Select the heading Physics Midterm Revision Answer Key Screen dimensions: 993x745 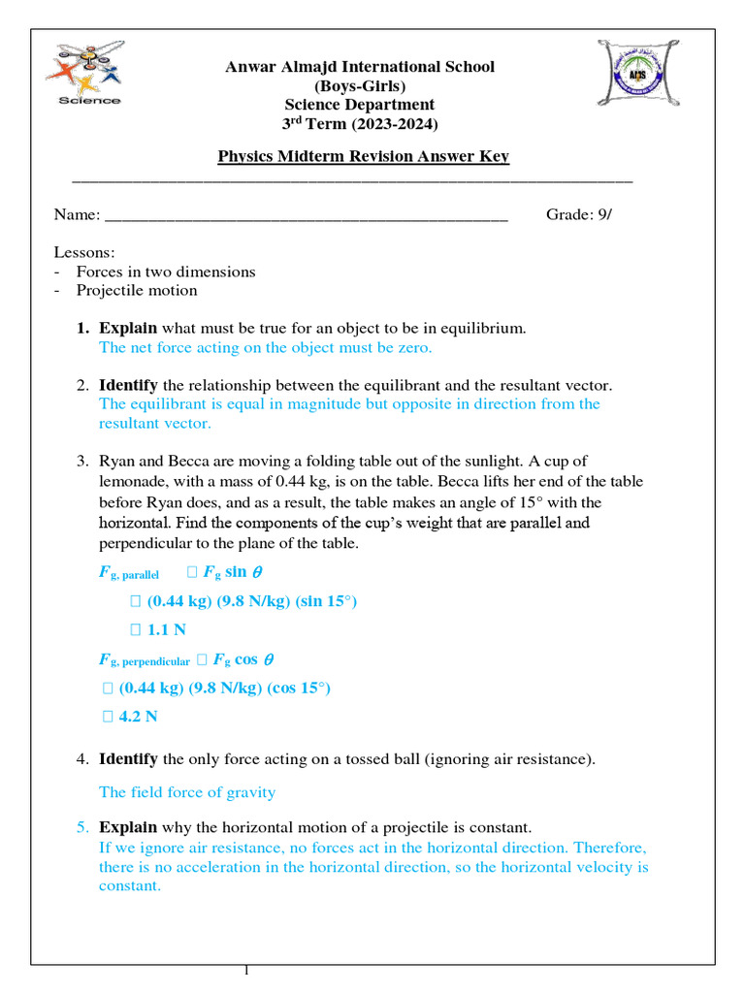coord(363,156)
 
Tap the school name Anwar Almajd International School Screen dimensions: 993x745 coord(360,67)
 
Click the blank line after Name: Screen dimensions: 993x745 coord(305,214)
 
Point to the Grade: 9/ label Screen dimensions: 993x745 coord(579,214)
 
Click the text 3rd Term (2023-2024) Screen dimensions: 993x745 coord(360,124)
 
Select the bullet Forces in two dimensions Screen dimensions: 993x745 coord(166,272)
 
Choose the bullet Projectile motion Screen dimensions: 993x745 coord(137,290)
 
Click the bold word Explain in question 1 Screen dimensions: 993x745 coord(128,328)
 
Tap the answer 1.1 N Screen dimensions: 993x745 coord(166,629)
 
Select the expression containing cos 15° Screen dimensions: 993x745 coord(224,688)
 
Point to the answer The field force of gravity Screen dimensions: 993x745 coord(187,792)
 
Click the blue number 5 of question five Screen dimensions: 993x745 coord(81,827)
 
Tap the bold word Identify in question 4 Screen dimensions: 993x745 coord(129,758)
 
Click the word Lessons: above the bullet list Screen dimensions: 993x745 coord(84,252)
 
